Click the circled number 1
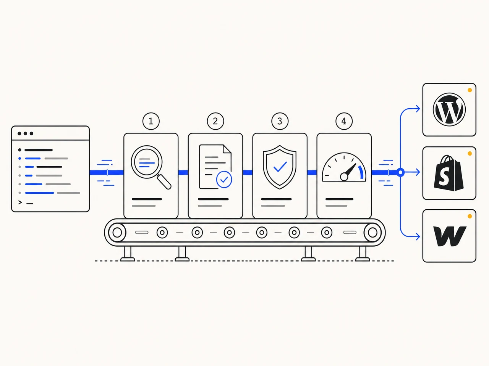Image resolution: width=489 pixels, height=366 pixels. point(151,121)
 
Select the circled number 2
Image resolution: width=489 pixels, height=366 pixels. point(215,121)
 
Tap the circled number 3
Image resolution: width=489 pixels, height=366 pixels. point(280,121)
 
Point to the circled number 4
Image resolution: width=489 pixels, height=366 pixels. point(344,121)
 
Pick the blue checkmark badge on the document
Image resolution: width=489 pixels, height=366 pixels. point(224,180)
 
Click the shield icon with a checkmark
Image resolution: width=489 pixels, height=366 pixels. point(280,167)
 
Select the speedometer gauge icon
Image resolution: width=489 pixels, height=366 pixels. point(344,167)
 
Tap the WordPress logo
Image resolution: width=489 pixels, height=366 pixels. point(449,109)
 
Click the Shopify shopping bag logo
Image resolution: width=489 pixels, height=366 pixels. point(449,173)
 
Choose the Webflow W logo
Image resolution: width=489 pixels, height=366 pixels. point(450,236)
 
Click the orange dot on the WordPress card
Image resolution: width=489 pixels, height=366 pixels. point(470,90)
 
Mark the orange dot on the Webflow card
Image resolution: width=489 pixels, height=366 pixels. point(470,216)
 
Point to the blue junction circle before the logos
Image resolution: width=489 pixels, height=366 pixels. point(400,172)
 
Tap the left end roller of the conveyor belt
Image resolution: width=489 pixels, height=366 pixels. point(117,233)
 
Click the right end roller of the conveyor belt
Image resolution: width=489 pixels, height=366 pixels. point(372,233)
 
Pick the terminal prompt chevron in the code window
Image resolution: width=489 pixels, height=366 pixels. point(20,202)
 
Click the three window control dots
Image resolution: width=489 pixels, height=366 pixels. point(25,133)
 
